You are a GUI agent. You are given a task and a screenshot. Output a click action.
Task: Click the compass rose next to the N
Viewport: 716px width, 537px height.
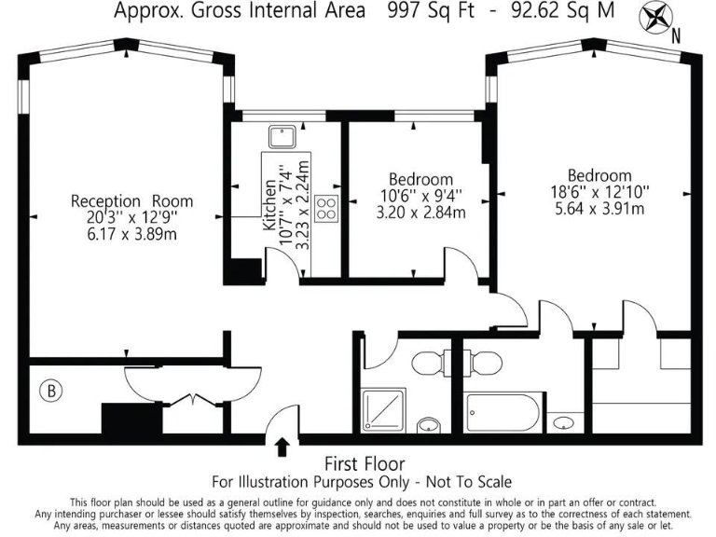coord(656,19)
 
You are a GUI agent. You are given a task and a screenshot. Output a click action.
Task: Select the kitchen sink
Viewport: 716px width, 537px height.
coord(281,138)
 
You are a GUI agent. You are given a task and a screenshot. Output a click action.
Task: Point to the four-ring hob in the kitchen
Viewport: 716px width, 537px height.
coord(326,209)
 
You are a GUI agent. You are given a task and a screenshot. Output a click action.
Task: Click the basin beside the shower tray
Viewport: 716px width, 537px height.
coord(428,426)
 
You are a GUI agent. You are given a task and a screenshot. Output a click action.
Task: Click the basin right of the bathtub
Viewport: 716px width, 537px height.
coord(564,423)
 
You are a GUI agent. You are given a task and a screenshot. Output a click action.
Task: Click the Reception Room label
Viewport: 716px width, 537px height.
coord(132,201)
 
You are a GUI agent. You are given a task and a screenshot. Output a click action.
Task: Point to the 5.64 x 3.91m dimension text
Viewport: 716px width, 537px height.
coord(600,208)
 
